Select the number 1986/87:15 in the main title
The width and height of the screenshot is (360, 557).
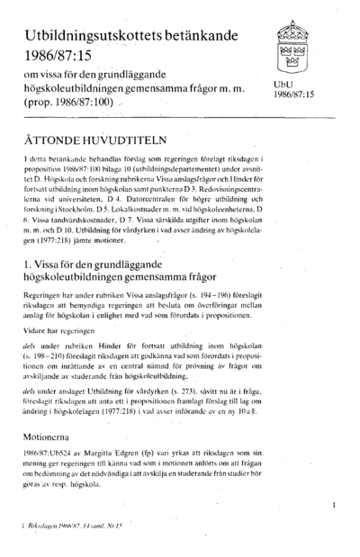coord(58,55)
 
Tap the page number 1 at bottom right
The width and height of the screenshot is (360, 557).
coord(333,507)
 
